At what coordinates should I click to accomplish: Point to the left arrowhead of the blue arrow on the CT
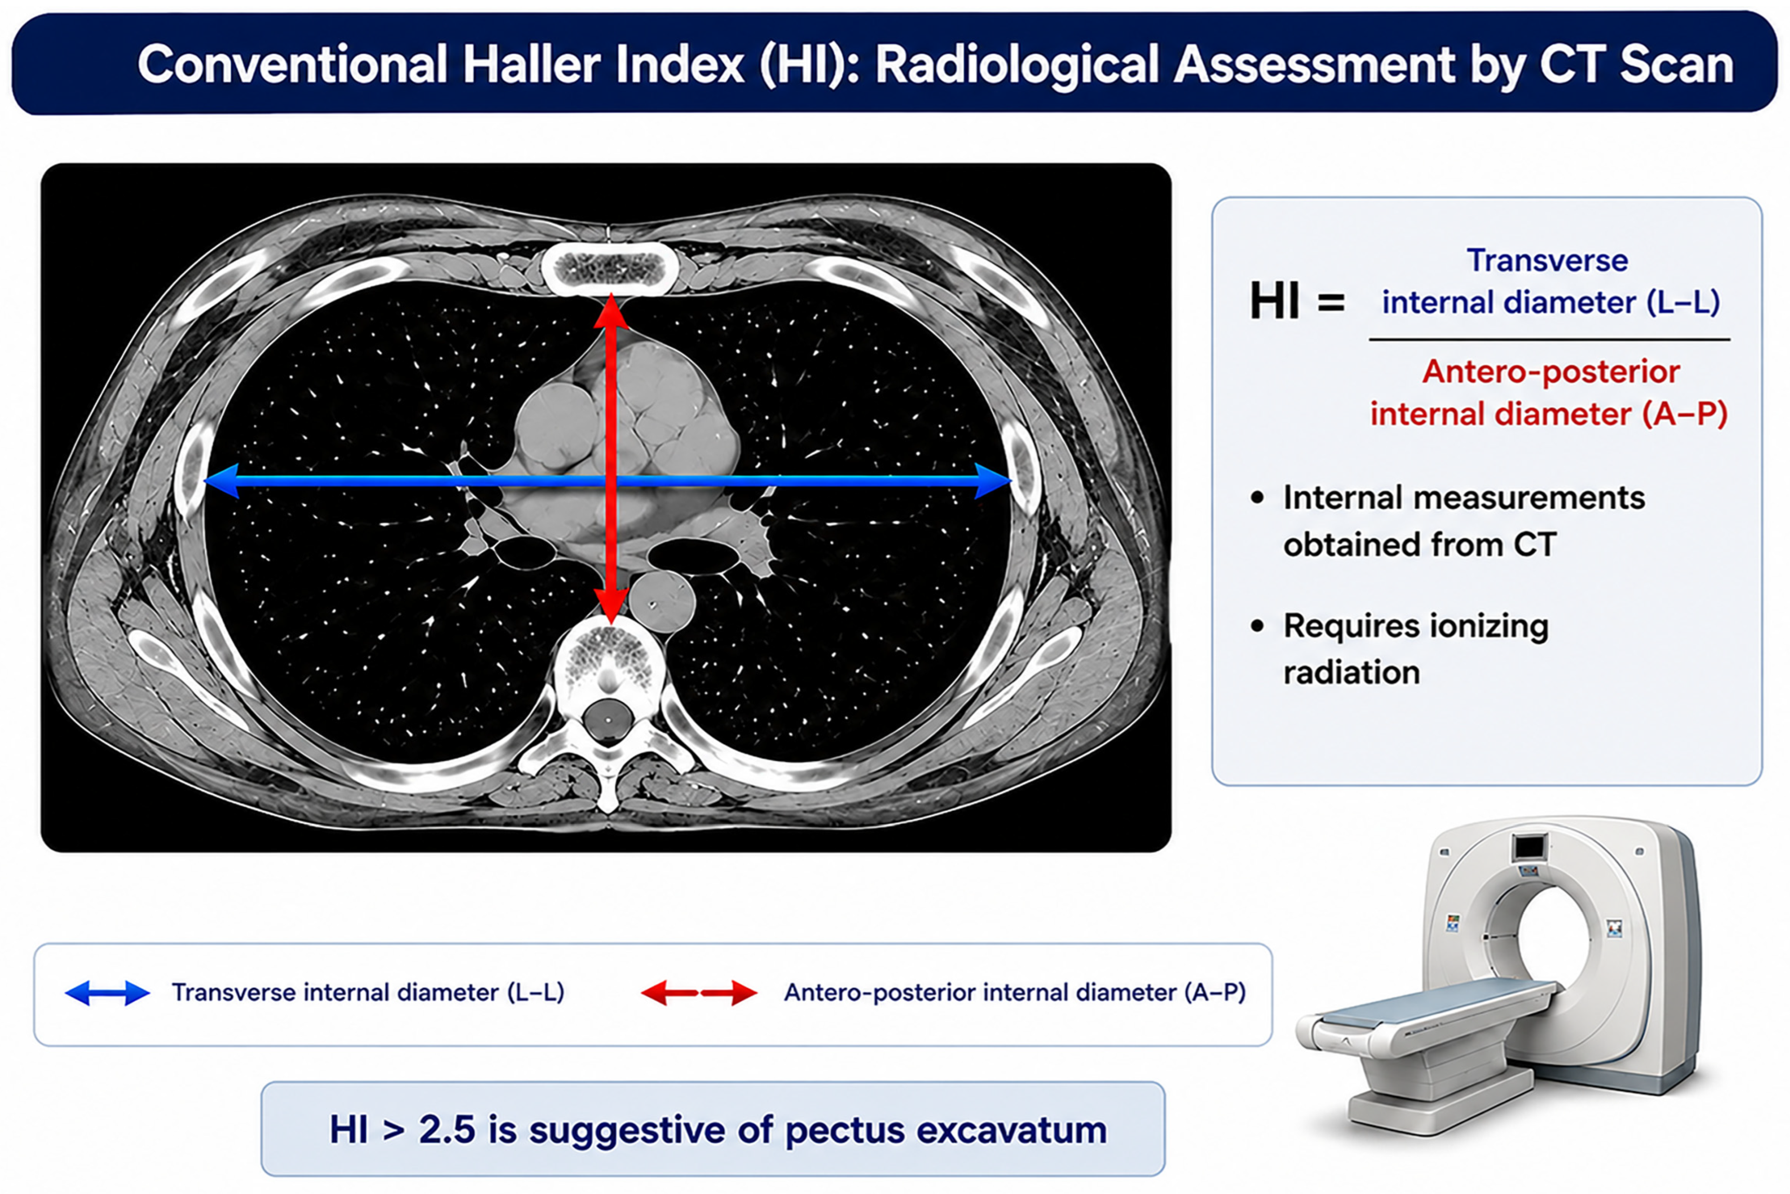[x=222, y=481]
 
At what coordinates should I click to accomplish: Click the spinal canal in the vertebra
[x=608, y=718]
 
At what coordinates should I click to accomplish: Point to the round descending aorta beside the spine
[x=662, y=601]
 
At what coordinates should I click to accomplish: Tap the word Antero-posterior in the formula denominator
[x=1551, y=372]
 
